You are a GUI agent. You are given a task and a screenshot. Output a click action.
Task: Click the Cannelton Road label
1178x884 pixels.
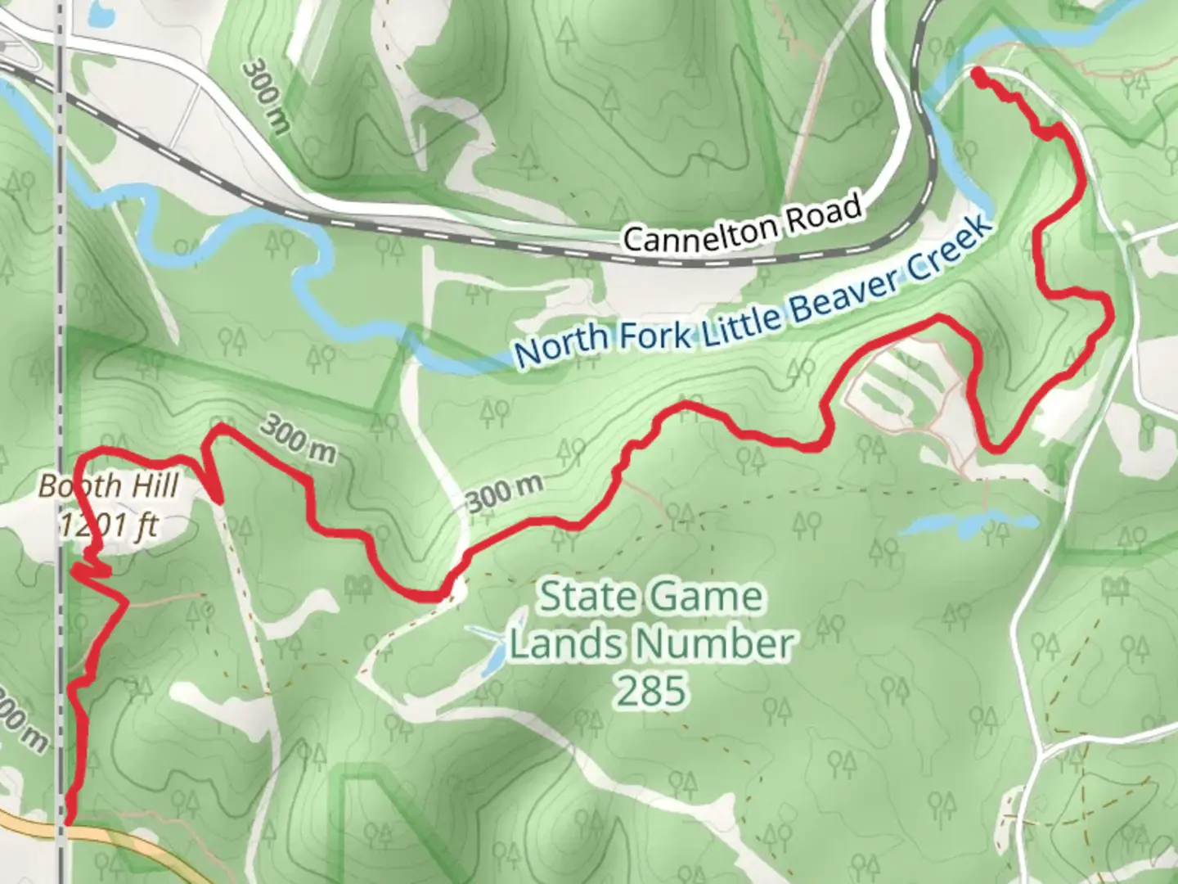[x=742, y=222]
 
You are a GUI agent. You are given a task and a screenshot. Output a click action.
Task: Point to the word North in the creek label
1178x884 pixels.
[x=561, y=344]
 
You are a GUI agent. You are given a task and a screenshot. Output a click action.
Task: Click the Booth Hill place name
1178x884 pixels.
[x=108, y=485]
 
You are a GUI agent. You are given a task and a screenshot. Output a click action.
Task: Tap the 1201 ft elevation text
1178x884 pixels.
[x=108, y=524]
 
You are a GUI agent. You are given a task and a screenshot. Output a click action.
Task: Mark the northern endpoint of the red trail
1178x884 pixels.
[x=977, y=76]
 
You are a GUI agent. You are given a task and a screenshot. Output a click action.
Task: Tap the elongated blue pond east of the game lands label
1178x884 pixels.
[x=969, y=525]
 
